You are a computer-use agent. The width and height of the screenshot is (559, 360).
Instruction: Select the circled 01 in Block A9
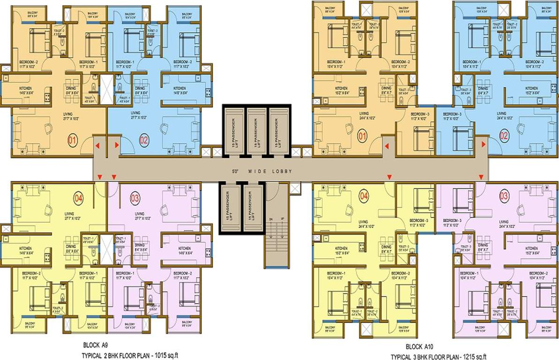pos(72,139)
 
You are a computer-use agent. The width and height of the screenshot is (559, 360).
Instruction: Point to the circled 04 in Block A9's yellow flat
pos(78,198)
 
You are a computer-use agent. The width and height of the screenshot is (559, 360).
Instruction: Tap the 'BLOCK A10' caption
pos(420,347)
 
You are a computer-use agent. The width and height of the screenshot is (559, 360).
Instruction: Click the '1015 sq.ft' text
pos(163,355)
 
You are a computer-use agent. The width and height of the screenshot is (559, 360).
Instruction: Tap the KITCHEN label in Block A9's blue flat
pos(179,88)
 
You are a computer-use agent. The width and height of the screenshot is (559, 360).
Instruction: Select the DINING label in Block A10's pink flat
pos(483,245)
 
